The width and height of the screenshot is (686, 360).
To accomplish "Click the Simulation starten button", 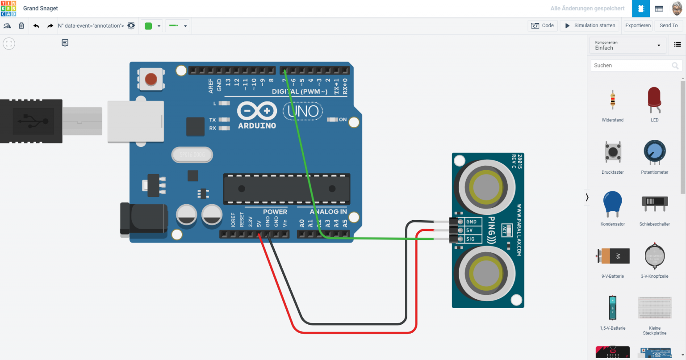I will pyautogui.click(x=590, y=25).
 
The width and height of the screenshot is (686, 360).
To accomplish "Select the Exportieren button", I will pyautogui.click(x=638, y=25).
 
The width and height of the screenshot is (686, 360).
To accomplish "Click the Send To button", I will pyautogui.click(x=668, y=25).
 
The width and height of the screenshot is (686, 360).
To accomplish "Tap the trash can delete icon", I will pyautogui.click(x=21, y=25).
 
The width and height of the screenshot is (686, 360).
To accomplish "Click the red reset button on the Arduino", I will pyautogui.click(x=151, y=79).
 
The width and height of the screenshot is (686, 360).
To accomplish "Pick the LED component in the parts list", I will pyautogui.click(x=654, y=100).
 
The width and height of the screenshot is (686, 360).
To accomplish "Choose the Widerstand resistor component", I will pyautogui.click(x=612, y=100).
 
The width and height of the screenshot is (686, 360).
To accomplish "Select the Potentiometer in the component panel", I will pyautogui.click(x=654, y=153).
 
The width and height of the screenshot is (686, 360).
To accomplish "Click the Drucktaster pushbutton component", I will pyautogui.click(x=612, y=153).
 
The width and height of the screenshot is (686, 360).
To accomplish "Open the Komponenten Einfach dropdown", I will pyautogui.click(x=627, y=45).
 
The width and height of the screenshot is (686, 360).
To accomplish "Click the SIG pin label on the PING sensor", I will pyautogui.click(x=470, y=239).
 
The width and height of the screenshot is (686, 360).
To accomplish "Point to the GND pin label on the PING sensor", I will pyautogui.click(x=471, y=222).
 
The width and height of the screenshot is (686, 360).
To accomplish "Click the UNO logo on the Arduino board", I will pyautogui.click(x=303, y=111).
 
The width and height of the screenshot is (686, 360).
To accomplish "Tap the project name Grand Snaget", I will pyautogui.click(x=41, y=8).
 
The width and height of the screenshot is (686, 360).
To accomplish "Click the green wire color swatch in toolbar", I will pyautogui.click(x=149, y=26).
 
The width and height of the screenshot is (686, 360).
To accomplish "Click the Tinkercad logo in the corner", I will pyautogui.click(x=8, y=8).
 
